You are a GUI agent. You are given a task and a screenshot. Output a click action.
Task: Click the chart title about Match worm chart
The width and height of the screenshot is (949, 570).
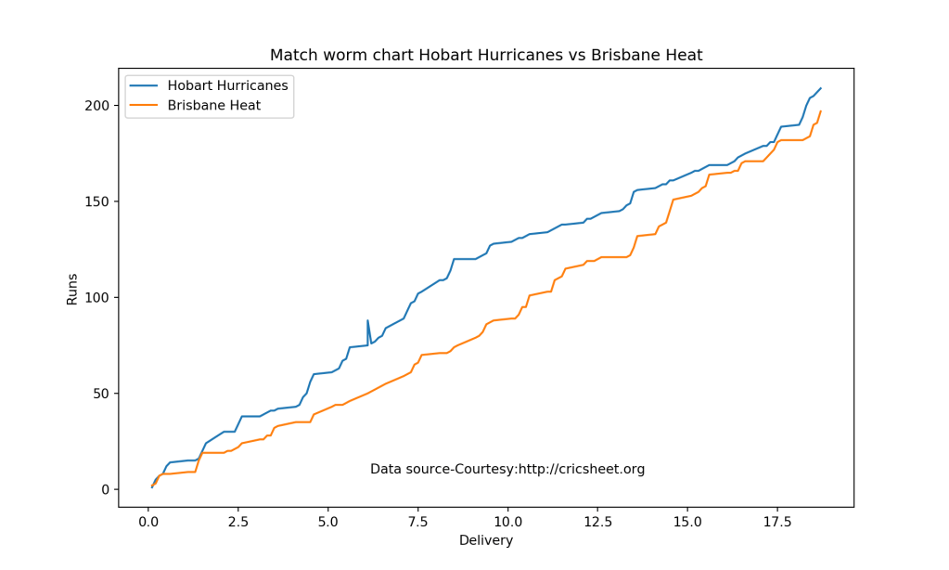pyautogui.click(x=486, y=56)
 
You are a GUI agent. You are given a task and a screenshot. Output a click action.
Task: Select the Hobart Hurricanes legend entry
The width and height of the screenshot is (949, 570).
pyautogui.click(x=227, y=85)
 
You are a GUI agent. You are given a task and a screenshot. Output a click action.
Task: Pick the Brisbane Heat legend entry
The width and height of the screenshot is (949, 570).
pyautogui.click(x=213, y=106)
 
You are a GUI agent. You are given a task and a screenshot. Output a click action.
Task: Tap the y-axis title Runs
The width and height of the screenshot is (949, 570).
pyautogui.click(x=72, y=288)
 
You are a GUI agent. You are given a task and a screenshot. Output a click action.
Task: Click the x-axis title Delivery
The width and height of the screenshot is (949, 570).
pyautogui.click(x=486, y=540)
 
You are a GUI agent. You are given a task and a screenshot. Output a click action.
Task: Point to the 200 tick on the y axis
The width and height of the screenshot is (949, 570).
pyautogui.click(x=99, y=106)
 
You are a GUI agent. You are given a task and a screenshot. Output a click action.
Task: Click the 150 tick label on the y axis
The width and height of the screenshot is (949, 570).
pyautogui.click(x=99, y=201)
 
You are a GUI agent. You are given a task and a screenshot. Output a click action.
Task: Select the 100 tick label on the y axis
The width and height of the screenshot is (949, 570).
pyautogui.click(x=99, y=298)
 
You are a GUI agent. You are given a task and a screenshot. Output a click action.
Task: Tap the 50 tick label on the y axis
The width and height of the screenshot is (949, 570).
pyautogui.click(x=103, y=394)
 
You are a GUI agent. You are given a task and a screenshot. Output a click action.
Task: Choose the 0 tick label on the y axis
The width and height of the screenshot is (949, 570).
pyautogui.click(x=107, y=489)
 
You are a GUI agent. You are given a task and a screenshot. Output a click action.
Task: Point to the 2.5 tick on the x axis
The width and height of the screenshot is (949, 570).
pyautogui.click(x=238, y=523)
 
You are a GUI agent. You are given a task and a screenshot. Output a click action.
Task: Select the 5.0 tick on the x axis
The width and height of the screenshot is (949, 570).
pyautogui.click(x=328, y=523)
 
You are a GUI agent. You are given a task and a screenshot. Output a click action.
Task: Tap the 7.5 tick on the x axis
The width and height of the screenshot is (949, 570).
pyautogui.click(x=418, y=523)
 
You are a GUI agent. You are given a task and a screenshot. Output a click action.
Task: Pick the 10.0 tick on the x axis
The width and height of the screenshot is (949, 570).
pyautogui.click(x=507, y=523)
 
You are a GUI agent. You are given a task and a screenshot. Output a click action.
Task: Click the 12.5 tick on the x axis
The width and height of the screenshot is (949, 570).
pyautogui.click(x=597, y=523)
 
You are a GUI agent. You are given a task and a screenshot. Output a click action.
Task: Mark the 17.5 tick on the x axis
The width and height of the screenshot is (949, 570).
pyautogui.click(x=777, y=523)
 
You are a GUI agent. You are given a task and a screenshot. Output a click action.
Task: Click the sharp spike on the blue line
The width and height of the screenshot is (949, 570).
pyautogui.click(x=368, y=321)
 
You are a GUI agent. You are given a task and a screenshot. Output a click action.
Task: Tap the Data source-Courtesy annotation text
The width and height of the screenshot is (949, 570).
pyautogui.click(x=507, y=470)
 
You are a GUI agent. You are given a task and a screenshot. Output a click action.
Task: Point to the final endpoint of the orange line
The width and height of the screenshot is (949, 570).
pyautogui.click(x=821, y=111)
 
